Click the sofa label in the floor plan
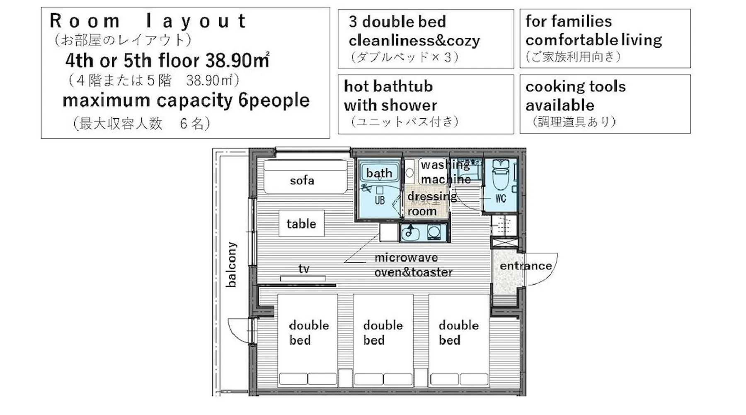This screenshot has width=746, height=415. pos(302,181)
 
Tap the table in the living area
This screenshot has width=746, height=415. pos(301,224)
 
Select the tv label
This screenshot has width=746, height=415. pos(304,269)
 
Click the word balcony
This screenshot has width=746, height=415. pos(232,264)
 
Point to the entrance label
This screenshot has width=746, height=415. pos(526,266)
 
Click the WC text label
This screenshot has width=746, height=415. pos(501,198)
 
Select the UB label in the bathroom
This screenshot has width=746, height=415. pos(380,200)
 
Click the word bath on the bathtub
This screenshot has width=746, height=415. pos(379,173)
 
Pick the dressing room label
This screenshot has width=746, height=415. pos(432,204)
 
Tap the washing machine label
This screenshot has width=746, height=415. pos(446,172)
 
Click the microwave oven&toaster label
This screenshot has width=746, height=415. pos(413,265)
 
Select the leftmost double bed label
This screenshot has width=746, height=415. pos(309,332)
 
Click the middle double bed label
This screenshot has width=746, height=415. pos(383,332)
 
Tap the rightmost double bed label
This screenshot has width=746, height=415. pos(458,332)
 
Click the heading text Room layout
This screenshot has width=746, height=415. pos(148,21)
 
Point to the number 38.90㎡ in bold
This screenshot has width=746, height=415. pos(237,61)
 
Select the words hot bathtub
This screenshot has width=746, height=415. pos(388,86)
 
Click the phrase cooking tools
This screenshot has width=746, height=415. pos(576,86)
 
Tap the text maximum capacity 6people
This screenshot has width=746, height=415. pos(186,100)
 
